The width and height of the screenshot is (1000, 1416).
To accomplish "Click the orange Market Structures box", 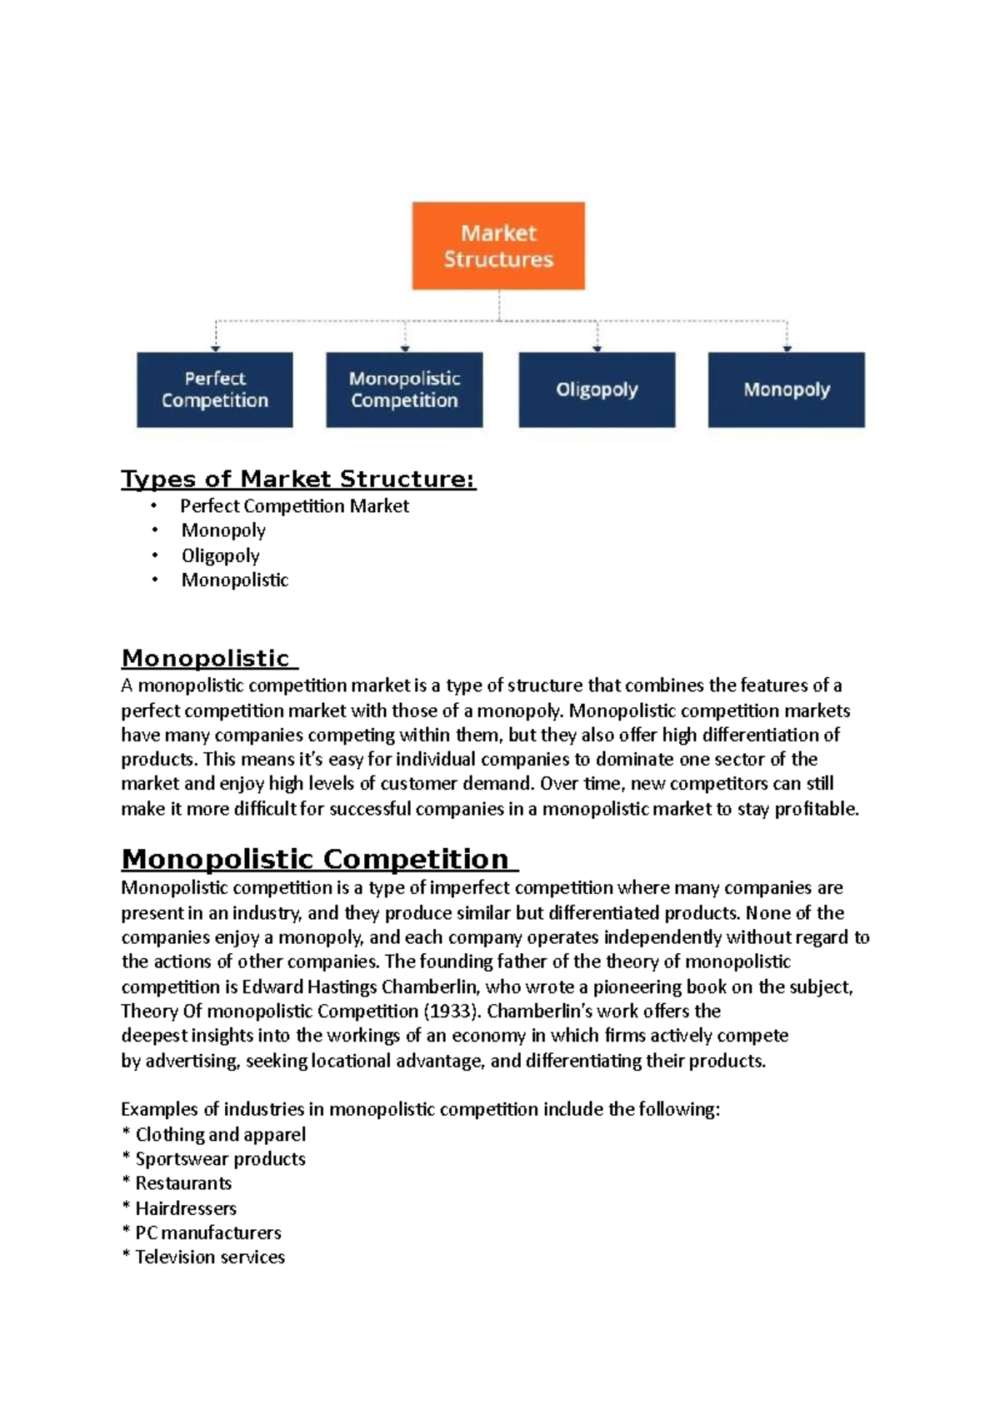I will pos(498,246).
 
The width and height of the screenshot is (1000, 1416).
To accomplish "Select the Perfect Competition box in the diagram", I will pos(215,389).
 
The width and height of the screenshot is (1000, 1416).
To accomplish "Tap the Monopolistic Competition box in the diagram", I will pos(404,389).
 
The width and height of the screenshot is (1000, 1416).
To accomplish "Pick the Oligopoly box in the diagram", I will pos(597,389).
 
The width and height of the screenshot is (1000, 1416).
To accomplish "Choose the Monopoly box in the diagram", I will pos(786,389).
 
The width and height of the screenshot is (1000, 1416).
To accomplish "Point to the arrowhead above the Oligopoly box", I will pos(597,348).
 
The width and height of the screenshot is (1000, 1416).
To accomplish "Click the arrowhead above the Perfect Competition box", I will pos(216,348).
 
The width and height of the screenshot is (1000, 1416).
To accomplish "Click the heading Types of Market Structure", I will pos(298,480).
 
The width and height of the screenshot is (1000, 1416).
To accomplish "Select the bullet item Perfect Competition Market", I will pos(294,506).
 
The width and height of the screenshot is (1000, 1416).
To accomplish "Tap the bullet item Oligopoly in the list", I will pos(221,555).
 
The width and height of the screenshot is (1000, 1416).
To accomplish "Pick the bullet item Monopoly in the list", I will pos(223,530).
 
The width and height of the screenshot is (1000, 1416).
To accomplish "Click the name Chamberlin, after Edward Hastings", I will pos(430,987).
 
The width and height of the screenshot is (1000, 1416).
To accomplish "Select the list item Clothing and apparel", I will pos(220,1135).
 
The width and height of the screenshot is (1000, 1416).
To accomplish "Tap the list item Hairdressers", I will pos(186,1208).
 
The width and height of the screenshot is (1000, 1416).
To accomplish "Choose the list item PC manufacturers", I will pos(208,1233).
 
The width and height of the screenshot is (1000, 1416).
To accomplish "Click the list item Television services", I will pos(210,1258).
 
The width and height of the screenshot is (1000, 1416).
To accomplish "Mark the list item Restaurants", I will pos(183,1183).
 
